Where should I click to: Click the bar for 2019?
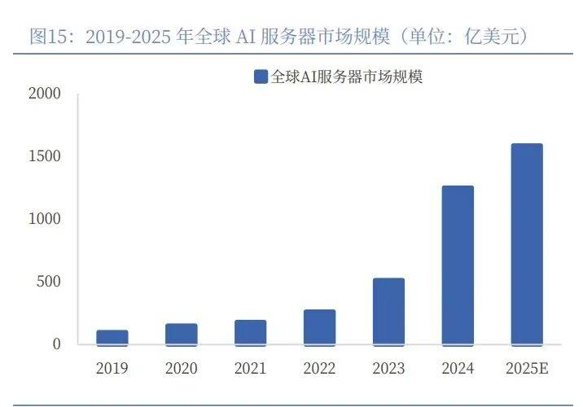click(112, 337)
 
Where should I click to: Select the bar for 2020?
click(182, 334)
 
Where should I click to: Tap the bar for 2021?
click(251, 332)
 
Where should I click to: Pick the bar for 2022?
click(320, 327)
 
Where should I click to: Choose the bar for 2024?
click(458, 265)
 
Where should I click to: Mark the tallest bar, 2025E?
click(527, 244)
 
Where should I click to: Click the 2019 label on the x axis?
click(112, 369)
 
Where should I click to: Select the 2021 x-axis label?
click(251, 369)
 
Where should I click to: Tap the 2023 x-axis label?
click(389, 369)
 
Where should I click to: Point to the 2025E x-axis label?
click(527, 369)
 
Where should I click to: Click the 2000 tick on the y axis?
click(45, 94)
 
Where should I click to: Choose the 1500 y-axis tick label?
click(45, 156)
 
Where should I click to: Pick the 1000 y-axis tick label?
click(45, 219)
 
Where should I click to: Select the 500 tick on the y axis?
click(50, 282)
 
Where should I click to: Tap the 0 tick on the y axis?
click(56, 344)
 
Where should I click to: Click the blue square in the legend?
click(261, 77)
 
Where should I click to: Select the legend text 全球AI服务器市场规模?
click(347, 77)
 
